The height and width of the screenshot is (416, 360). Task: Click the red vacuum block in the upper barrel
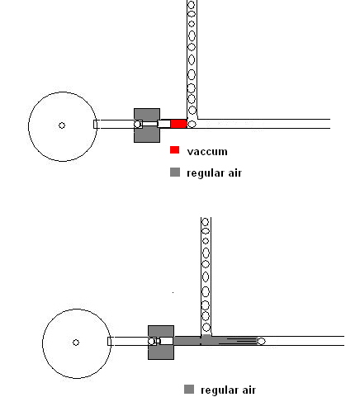(178, 124)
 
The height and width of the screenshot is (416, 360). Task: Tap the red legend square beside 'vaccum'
(175, 150)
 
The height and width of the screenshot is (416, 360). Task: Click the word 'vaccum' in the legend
(207, 152)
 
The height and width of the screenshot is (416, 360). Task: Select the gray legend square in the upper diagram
(175, 173)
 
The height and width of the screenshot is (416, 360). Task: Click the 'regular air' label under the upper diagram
(214, 173)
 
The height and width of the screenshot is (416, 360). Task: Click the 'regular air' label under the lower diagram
(228, 390)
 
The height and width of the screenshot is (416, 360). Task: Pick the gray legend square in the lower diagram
(189, 390)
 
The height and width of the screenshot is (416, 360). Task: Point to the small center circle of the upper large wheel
(62, 125)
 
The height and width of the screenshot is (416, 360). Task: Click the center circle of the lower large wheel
(76, 343)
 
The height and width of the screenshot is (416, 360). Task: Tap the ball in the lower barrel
(261, 341)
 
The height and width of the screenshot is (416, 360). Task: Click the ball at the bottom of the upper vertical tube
(192, 124)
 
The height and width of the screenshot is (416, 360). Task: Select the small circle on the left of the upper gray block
(137, 125)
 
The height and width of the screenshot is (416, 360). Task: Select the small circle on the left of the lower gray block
(151, 342)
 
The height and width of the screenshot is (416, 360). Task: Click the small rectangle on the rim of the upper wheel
(95, 124)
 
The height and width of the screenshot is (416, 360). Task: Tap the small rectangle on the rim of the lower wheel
(109, 341)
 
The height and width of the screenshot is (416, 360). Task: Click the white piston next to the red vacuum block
(164, 124)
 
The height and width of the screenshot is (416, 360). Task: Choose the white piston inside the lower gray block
(167, 341)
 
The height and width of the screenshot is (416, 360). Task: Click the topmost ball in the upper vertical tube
(192, 5)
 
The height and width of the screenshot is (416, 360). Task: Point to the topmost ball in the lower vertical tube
(206, 222)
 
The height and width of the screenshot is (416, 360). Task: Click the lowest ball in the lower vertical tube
(206, 328)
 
